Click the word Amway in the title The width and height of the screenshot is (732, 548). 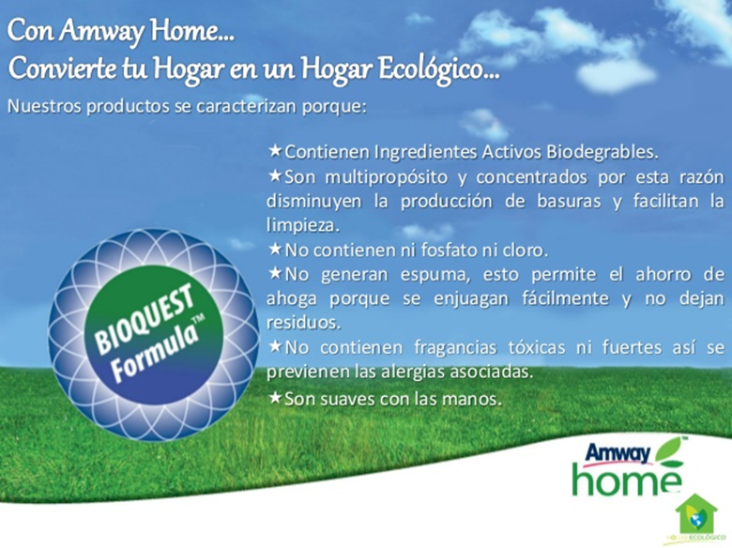pos(101,32)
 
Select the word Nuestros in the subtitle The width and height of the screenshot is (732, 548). pos(44,106)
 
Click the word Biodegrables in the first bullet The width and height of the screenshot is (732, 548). pos(602,152)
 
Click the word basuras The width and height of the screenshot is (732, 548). pos(569,201)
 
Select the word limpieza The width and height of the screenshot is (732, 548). pos(302,226)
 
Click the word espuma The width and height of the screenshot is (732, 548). pos(435,275)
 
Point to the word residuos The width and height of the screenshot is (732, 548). pos(303,323)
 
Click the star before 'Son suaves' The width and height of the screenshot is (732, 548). pos(275,398)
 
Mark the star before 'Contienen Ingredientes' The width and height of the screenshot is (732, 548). pos(275,151)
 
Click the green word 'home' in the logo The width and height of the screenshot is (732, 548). pos(627,479)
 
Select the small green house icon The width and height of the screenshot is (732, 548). pos(696,514)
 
